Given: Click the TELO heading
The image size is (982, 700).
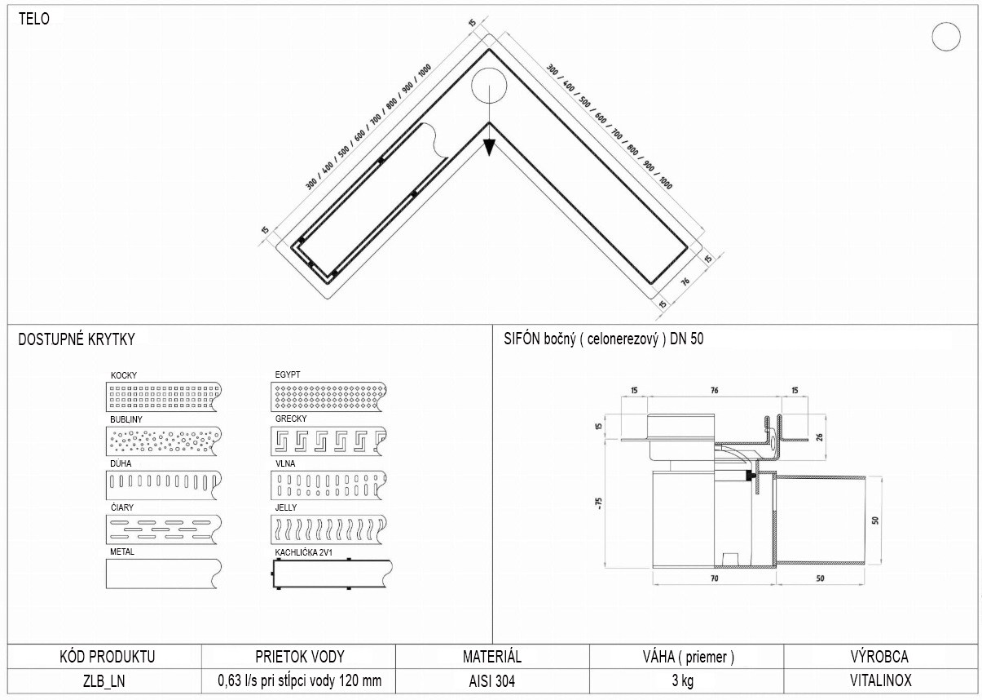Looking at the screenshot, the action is tap(34, 19).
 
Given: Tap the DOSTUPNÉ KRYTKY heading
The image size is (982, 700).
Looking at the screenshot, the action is tap(77, 339).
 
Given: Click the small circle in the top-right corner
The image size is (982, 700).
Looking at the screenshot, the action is tap(946, 37).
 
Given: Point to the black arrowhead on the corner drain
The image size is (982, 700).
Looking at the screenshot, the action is tap(489, 147).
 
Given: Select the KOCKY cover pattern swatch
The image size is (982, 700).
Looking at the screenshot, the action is tap(164, 397).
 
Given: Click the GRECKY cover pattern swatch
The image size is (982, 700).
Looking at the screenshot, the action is tap(328, 441).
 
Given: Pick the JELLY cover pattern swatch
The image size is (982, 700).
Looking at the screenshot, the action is tap(328, 529).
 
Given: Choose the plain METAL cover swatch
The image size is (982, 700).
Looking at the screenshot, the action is tap(164, 574).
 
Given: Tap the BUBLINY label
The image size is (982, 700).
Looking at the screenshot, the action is tap(126, 419).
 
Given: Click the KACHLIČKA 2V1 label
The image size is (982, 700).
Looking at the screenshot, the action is tap(303, 552).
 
